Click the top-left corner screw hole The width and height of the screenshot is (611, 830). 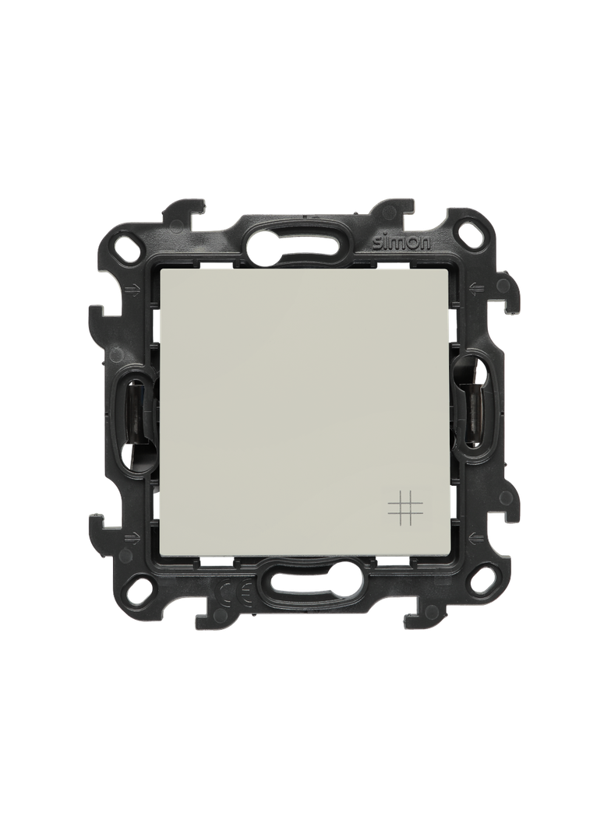tap(129, 251)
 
